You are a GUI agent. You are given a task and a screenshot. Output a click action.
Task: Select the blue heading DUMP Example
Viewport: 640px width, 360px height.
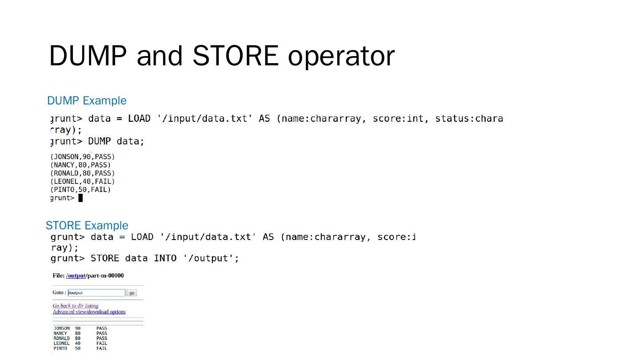pos(87,101)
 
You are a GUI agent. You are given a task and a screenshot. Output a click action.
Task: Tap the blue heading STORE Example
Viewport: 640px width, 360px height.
pos(87,225)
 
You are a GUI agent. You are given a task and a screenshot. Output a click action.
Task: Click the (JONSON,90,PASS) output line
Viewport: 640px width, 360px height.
pos(83,157)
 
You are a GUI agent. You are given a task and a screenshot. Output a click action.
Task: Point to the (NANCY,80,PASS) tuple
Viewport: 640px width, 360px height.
pos(80,165)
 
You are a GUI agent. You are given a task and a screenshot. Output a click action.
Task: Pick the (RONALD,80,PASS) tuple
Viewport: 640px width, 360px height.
pos(83,173)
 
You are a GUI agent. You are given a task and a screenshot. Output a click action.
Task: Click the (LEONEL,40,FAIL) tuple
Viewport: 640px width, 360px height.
pos(83,181)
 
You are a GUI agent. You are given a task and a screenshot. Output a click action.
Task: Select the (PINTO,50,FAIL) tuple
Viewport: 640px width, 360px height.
pos(80,190)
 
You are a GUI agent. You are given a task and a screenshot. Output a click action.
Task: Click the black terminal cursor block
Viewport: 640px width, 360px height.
pos(80,198)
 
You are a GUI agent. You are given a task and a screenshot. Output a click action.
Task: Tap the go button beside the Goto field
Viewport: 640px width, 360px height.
pos(132,293)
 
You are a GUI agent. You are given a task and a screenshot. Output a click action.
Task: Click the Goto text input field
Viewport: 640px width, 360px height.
pos(96,293)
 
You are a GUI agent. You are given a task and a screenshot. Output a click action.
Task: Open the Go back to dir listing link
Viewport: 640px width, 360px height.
pos(76,306)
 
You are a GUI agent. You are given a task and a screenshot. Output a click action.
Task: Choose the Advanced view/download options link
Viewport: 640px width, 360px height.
pos(89,312)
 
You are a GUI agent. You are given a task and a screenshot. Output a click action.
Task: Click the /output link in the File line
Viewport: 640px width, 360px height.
pos(76,276)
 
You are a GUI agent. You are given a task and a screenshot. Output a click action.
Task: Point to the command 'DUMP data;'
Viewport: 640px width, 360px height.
pos(116,141)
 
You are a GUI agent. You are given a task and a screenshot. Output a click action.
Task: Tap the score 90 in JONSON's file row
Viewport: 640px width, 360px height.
pos(78,328)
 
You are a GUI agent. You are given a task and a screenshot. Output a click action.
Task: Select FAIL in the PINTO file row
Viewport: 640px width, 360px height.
pos(102,348)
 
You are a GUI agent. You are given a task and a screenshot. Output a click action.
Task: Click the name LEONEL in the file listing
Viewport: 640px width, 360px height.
pos(61,344)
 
